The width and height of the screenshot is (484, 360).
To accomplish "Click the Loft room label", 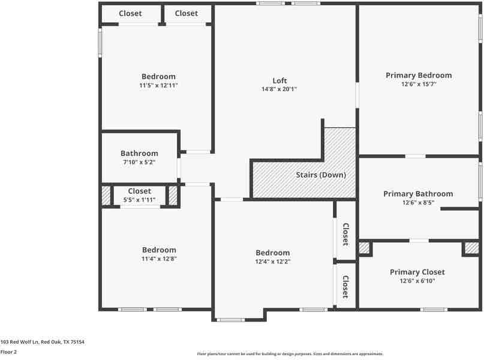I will (x=279, y=80).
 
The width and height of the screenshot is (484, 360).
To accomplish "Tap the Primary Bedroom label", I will (x=418, y=75).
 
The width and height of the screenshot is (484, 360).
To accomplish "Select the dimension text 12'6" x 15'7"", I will (x=418, y=84).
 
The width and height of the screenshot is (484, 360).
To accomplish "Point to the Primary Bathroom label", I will (x=418, y=194).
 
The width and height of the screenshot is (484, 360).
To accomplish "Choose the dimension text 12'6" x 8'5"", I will (x=418, y=203).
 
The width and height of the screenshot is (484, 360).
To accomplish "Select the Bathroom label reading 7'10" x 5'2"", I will (x=139, y=162).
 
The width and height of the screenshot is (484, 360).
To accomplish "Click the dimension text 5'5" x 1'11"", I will (x=139, y=200).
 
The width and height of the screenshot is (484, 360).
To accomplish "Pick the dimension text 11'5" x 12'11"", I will (x=158, y=86).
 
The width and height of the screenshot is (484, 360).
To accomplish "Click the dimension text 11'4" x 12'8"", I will (x=159, y=259).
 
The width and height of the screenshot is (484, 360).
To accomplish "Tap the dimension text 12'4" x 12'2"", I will (x=272, y=262).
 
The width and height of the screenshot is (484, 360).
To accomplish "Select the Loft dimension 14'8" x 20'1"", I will (x=279, y=89).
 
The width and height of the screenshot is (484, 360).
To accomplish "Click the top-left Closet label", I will (x=130, y=13).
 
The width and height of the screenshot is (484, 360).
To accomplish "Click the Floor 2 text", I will (x=8, y=352).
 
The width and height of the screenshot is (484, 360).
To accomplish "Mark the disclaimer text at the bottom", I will (x=290, y=354).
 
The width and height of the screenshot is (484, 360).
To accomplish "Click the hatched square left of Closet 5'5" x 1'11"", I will (x=106, y=196).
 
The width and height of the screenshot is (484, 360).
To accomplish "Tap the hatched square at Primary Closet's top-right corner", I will (x=471, y=247).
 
